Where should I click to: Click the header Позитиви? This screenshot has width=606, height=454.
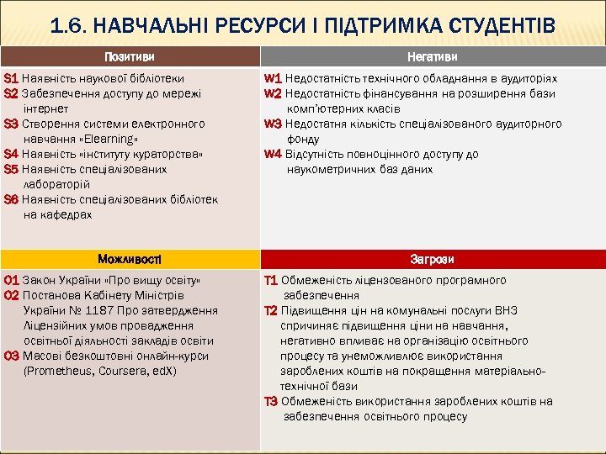click(130, 56)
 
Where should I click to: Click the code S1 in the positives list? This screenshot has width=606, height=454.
click(11, 78)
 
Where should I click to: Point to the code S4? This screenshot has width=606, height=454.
click(11, 154)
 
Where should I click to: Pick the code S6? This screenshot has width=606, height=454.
click(11, 199)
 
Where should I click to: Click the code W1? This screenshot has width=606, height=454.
click(273, 78)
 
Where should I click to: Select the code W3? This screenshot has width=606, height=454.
click(273, 124)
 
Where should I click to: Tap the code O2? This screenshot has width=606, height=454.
click(12, 295)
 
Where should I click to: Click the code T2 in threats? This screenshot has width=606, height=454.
click(271, 310)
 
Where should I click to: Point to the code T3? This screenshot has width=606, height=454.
click(271, 401)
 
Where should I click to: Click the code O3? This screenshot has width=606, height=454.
click(12, 356)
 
